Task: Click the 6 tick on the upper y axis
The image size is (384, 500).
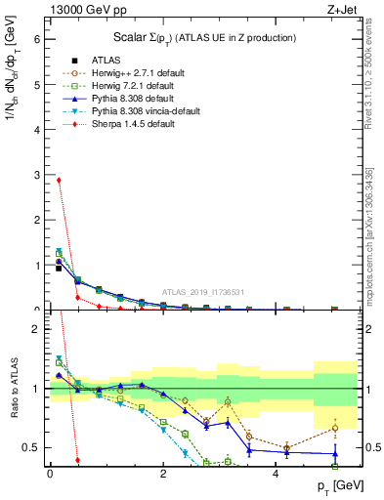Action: pyautogui.click(x=38, y=40)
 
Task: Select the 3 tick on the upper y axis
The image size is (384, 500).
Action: pyautogui.click(x=38, y=175)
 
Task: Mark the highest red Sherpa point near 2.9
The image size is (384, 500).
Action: pyautogui.click(x=59, y=180)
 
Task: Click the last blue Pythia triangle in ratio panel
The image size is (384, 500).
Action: pyautogui.click(x=334, y=453)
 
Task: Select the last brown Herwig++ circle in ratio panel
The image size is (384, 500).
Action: pyautogui.click(x=334, y=428)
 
